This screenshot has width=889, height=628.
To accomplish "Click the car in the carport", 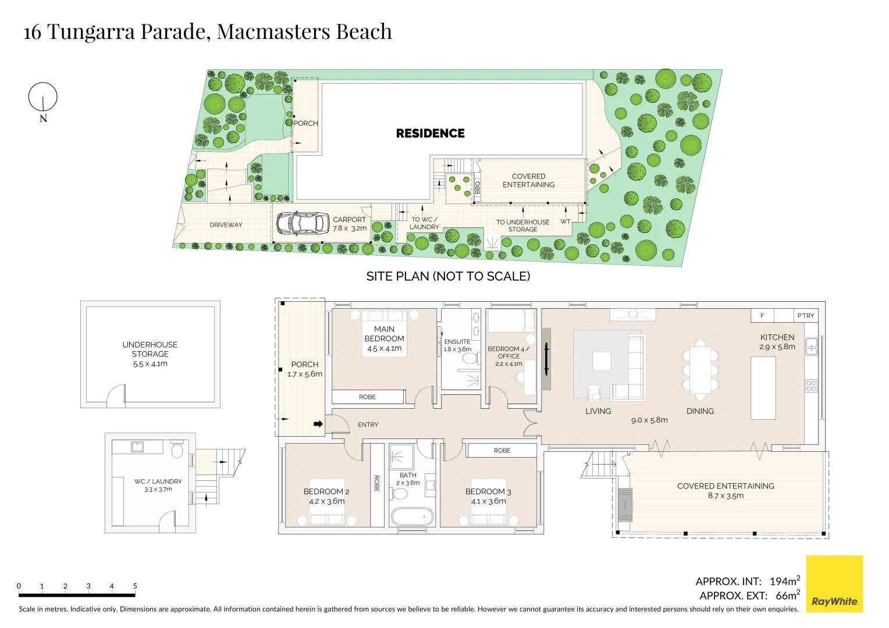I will pos(302,223).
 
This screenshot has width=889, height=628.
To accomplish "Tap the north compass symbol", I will pos(43,97).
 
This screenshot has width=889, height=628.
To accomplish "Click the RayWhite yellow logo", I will pos(834,584).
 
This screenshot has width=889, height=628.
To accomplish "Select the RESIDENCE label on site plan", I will pos(430,133).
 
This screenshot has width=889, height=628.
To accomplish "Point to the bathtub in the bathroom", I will pos(412,516).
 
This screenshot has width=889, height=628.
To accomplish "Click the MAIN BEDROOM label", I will pos(384,334).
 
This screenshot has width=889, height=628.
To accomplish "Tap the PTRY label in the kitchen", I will pos(806,316).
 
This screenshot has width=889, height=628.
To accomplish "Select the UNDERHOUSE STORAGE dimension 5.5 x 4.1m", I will pos(150,364).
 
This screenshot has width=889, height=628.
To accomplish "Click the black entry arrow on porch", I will pos(318,424).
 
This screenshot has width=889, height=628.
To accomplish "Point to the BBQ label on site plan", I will pos(478,188).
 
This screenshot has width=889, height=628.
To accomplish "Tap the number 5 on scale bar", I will pos(135,586).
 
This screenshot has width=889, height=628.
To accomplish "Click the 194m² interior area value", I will pos(784,581).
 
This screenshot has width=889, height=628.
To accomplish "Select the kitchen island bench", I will pos(763,388).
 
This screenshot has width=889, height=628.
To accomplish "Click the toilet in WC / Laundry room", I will pos(177,451).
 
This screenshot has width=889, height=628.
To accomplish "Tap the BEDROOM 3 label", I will pos(488,491).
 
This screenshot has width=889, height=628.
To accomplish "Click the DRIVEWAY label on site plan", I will pos(226,225).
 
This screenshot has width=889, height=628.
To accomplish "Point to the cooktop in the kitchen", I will pos(811,386).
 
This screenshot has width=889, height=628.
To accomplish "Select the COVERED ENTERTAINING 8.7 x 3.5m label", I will pos(726,490).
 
